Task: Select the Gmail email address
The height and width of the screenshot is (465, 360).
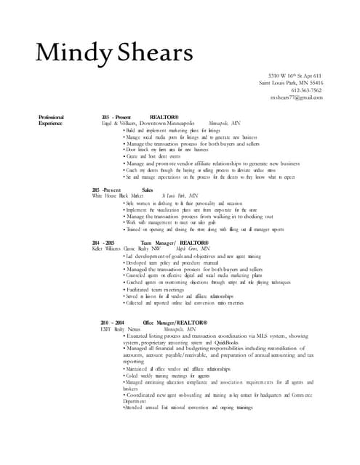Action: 296,97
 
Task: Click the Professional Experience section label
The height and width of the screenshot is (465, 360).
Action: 52,120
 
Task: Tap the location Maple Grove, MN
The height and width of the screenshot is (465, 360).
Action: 187,248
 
